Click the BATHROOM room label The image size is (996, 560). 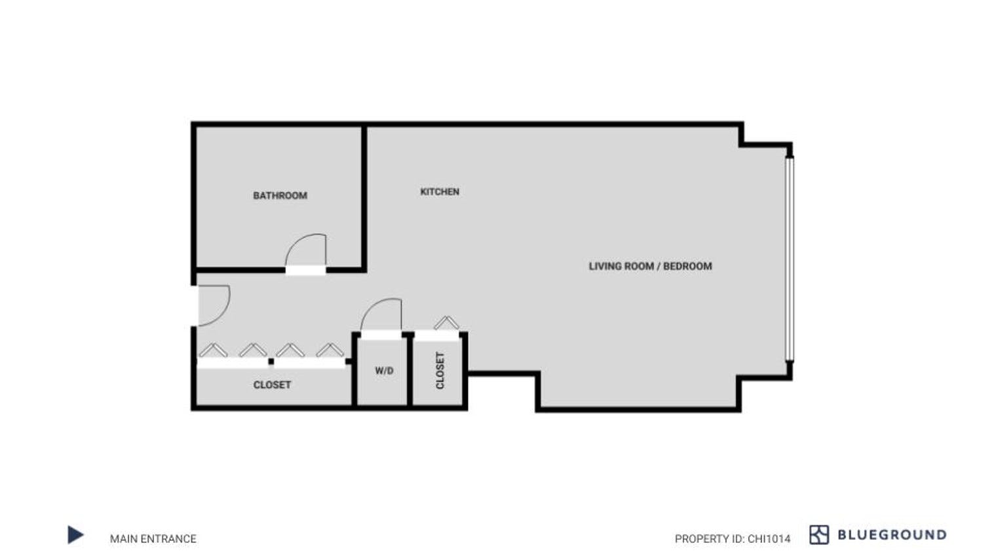[x=280, y=196]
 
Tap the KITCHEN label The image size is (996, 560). [x=440, y=191]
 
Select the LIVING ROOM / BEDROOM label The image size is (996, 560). [x=651, y=266]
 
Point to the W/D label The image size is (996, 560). [x=384, y=371]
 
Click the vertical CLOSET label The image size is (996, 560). [x=440, y=371]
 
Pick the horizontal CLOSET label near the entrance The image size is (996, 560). [x=272, y=385]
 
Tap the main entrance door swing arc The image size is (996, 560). [x=225, y=311]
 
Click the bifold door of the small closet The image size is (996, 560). [x=446, y=323]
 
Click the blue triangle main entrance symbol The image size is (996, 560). [x=75, y=534]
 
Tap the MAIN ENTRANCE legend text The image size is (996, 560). [x=153, y=538]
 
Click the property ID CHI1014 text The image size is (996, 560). [x=733, y=539]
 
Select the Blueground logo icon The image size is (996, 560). [x=819, y=534]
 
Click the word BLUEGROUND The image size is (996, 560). [x=892, y=534]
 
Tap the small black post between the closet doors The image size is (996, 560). [x=271, y=362]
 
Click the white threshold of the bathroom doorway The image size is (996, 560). [x=305, y=271]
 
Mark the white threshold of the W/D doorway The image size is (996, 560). [x=381, y=335]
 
